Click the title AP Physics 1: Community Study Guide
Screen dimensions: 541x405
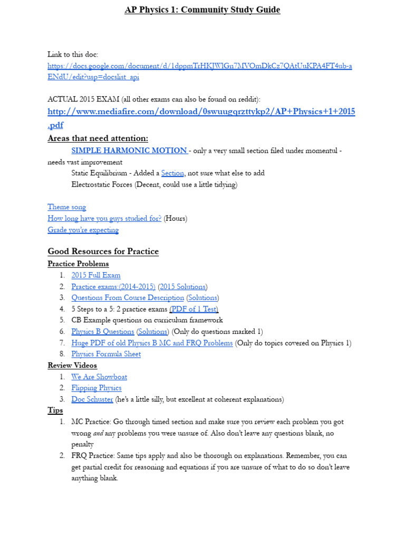202,10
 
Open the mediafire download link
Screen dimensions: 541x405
201,111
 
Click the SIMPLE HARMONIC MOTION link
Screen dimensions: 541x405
129,151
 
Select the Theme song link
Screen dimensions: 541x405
66,207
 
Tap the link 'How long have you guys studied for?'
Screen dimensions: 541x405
104,218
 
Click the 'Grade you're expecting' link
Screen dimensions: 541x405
83,230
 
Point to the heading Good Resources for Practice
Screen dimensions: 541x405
103,251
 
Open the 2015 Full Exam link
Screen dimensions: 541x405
96,275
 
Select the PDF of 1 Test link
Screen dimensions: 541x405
194,309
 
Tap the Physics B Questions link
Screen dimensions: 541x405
103,331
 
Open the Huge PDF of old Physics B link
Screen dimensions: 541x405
152,343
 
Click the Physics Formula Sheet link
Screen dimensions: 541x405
106,354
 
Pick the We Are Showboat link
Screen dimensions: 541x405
99,377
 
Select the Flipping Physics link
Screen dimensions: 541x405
97,388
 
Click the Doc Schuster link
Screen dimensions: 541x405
92,399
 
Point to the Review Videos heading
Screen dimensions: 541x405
72,366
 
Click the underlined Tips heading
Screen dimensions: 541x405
55,411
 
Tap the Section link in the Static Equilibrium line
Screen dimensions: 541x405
172,173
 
